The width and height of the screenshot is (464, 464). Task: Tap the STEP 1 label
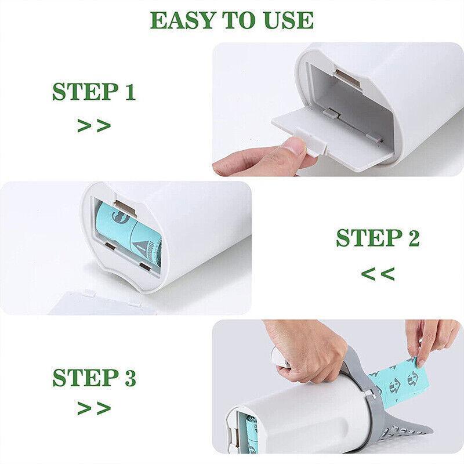click(93, 92)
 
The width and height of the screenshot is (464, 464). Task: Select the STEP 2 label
click(378, 238)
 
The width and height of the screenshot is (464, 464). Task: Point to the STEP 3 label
click(93, 378)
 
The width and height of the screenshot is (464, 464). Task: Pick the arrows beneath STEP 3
click(93, 408)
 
